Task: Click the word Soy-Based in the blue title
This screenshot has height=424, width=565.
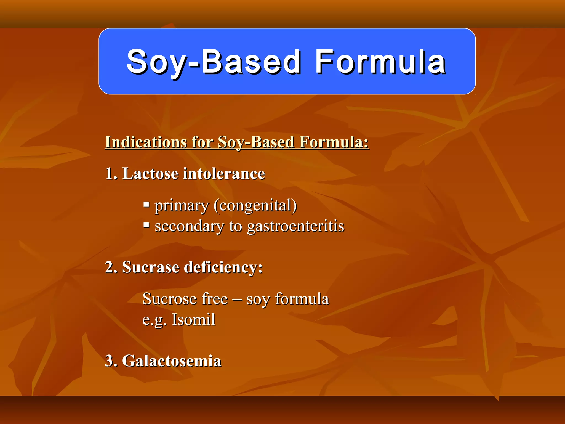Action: [213, 62]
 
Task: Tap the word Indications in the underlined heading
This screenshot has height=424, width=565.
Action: [145, 142]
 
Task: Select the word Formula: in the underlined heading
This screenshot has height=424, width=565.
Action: [334, 142]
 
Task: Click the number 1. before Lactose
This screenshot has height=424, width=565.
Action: [111, 174]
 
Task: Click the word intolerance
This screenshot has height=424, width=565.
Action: [224, 174]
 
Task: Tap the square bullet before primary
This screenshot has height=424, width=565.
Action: [146, 205]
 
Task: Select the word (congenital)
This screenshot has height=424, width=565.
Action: [255, 206]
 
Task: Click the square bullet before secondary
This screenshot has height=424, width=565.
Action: [146, 225]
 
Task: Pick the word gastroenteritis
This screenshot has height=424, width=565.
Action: [295, 226]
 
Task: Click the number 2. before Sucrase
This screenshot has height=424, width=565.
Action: [111, 267]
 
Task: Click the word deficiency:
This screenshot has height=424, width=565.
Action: [223, 267]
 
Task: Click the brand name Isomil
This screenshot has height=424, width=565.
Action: [193, 320]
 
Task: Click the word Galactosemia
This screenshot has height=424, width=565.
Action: [172, 361]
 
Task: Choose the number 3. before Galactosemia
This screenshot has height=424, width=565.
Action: [111, 361]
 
